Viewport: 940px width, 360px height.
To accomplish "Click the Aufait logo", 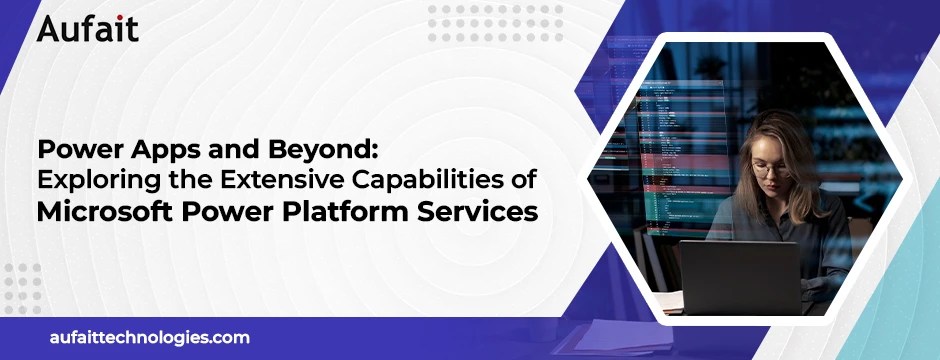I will pyautogui.click(x=88, y=27).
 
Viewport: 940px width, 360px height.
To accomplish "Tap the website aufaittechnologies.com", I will pyautogui.click(x=150, y=338).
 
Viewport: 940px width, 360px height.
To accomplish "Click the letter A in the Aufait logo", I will pyautogui.click(x=49, y=27).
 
